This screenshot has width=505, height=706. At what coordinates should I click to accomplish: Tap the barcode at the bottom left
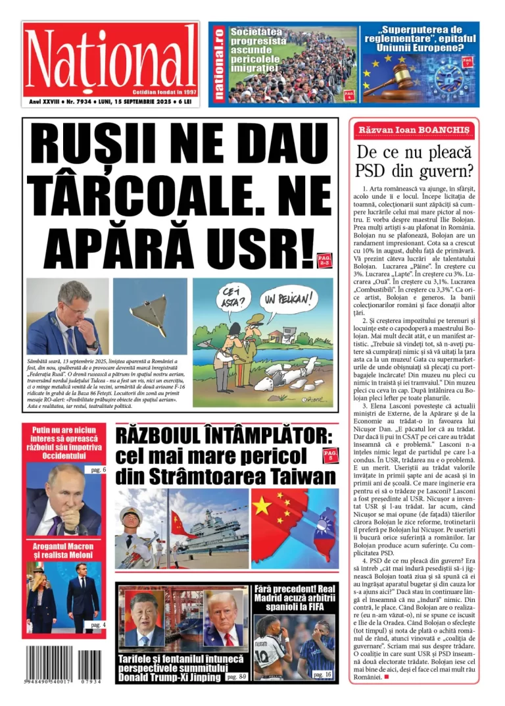coord(64,665)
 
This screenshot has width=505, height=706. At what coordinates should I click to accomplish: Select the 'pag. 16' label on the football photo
coord(322,674)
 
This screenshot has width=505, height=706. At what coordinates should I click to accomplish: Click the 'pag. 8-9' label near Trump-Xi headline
coord(235,676)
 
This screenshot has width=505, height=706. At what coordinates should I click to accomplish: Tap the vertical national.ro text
coord(218,63)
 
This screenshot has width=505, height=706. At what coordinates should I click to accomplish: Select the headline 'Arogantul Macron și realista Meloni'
coord(64,551)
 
